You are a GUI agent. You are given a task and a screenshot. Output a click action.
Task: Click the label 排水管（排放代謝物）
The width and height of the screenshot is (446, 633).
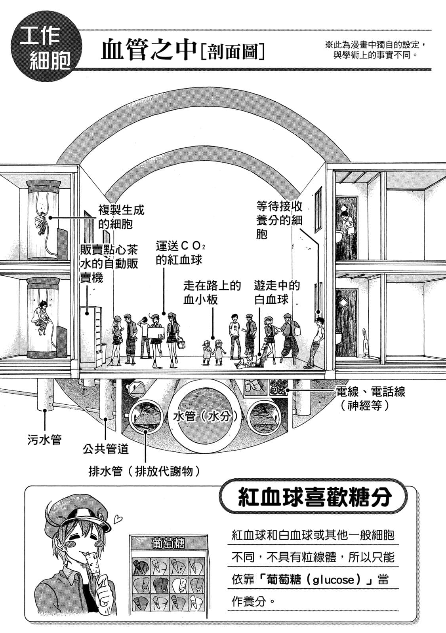144,471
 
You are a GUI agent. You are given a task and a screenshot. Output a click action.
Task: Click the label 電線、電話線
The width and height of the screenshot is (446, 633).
370,392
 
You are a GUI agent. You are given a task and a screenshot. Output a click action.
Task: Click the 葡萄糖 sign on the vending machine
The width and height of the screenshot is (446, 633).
168,543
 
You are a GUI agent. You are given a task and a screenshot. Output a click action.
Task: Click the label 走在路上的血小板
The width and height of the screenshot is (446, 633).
212,292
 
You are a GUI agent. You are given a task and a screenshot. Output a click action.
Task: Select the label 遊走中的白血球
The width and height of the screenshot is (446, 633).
277,292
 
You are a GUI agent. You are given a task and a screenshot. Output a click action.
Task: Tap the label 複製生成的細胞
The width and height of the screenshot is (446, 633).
116,216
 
